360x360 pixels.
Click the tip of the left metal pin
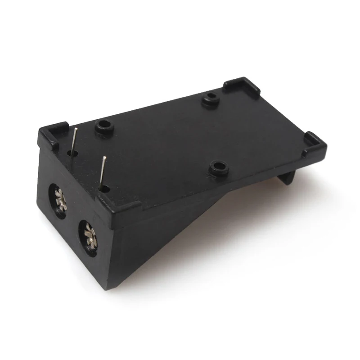(x=77, y=129)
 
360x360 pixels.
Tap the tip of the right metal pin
(x=104, y=157)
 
